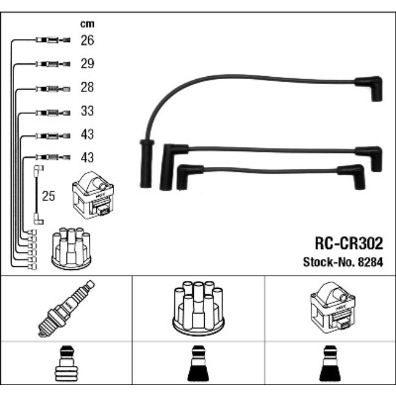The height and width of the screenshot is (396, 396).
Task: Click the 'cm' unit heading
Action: [87, 24]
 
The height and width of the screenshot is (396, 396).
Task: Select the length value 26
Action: [87, 41]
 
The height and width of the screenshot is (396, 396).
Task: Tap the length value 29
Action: [87, 64]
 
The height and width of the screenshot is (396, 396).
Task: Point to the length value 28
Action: [87, 88]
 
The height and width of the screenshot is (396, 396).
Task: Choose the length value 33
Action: [87, 112]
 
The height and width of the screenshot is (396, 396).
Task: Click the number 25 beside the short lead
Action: [49, 196]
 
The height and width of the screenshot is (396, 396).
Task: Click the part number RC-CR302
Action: [348, 244]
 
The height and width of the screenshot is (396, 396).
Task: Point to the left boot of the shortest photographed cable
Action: [182, 177]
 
